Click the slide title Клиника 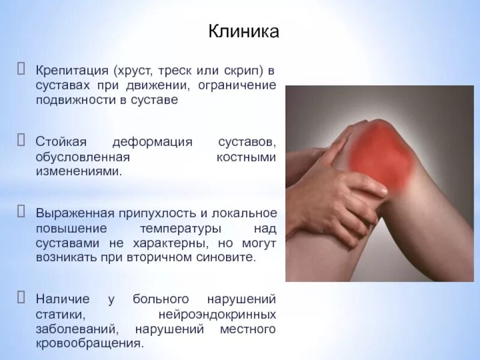click(x=244, y=31)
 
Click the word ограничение click(x=239, y=86)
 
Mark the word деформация click(x=152, y=142)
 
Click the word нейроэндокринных click(x=217, y=314)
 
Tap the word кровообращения click(x=89, y=344)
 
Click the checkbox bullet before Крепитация click(x=22, y=70)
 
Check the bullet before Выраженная click(x=22, y=213)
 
